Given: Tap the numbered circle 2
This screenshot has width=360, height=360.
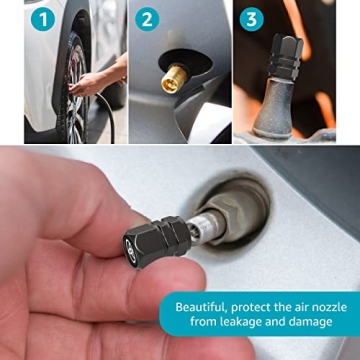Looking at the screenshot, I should pyautogui.click(x=148, y=19).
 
